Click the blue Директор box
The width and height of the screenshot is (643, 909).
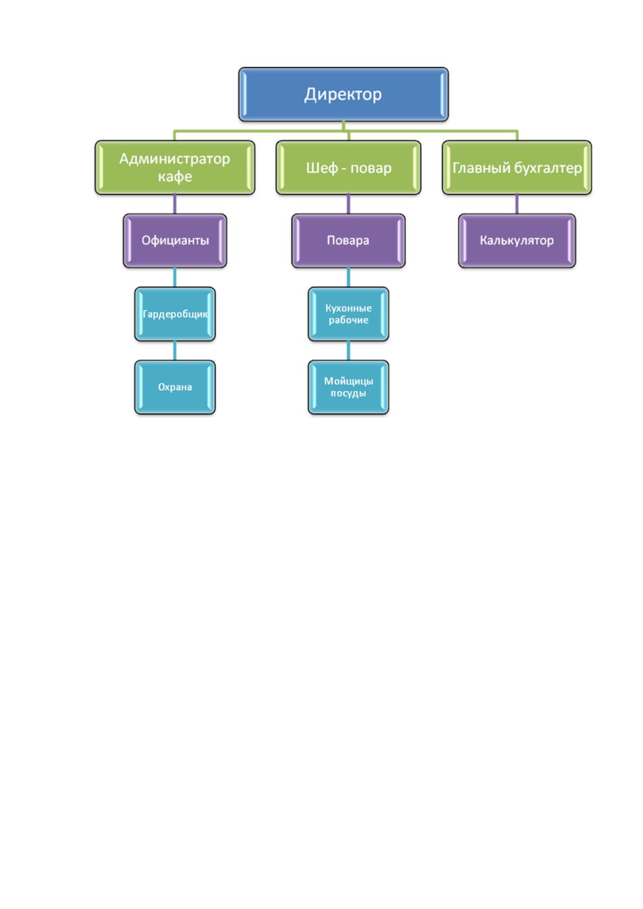coord(343,94)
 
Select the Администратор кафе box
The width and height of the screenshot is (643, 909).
coord(174,167)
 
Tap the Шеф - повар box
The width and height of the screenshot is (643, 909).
coord(348,167)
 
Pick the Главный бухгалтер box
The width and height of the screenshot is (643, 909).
coord(517,167)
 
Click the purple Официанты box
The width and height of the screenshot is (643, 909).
coord(174,241)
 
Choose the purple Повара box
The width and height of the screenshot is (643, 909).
coord(348,241)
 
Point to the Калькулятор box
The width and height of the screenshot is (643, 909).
coord(517,241)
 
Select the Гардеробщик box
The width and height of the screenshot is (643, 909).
coord(174,314)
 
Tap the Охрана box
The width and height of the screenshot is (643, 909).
coord(174,387)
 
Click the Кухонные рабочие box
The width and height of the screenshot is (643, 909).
coord(348,314)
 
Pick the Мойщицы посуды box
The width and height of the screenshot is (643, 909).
coord(348,387)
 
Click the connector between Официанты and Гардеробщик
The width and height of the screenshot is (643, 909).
coord(174,277)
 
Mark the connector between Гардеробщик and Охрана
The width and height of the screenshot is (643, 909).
coord(174,351)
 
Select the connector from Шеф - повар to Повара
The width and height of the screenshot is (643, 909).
coord(348,204)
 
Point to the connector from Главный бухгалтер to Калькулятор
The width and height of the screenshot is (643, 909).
coord(517,204)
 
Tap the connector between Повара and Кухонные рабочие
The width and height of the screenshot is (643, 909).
coord(348,277)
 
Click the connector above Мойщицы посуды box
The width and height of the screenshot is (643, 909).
coord(348,351)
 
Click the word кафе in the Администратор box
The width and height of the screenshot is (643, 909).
coord(175,177)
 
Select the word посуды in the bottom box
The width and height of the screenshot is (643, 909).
coord(348,393)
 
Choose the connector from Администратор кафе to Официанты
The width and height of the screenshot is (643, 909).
coord(174,204)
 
